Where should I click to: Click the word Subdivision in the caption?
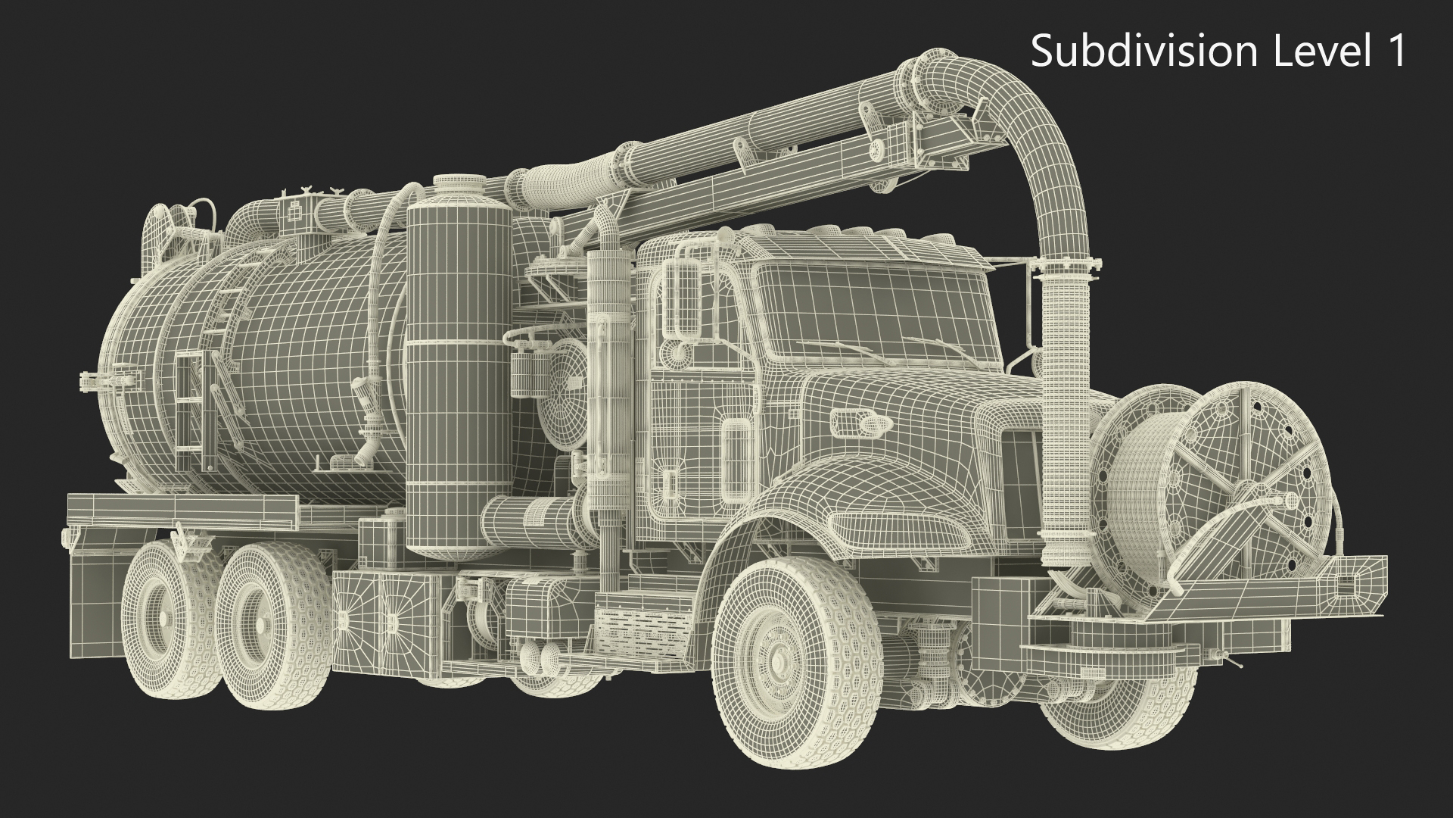click(x=1143, y=52)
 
